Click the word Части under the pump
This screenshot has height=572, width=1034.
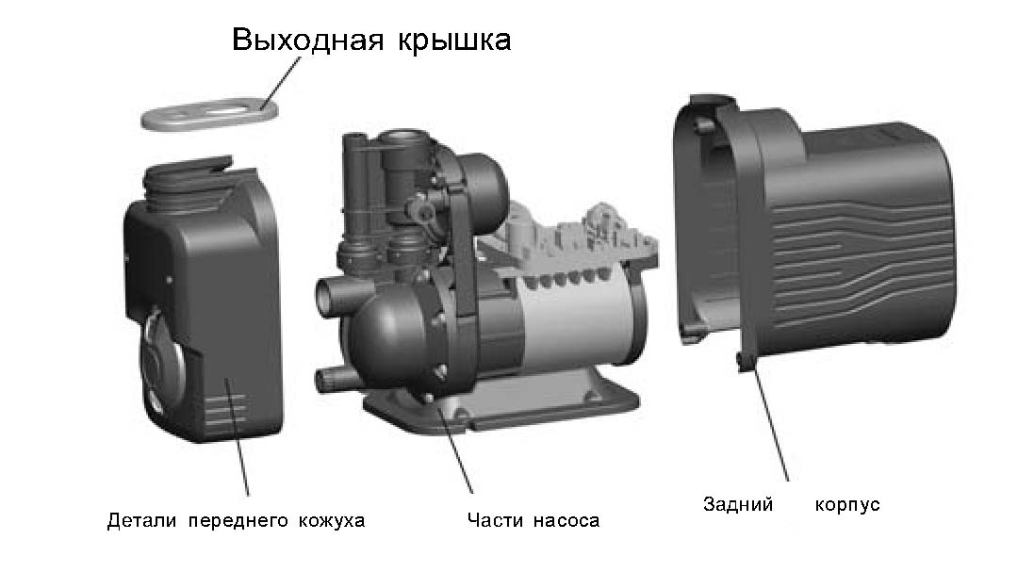coord(496,520)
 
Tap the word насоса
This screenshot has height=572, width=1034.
coord(566,520)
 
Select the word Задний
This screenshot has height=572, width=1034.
coord(738,504)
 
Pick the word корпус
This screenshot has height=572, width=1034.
coord(847,504)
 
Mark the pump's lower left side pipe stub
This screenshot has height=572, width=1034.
coord(332,381)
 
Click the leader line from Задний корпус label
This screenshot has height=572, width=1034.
coord(771,424)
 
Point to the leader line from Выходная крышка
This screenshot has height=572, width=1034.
coord(278,80)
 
